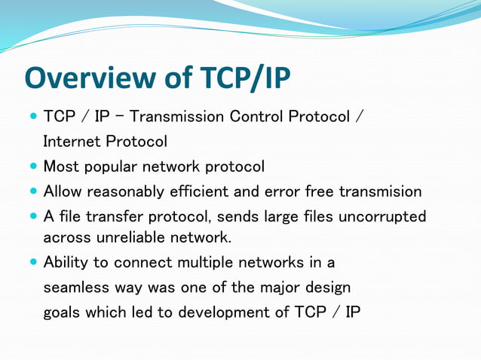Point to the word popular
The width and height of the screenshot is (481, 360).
[109, 166]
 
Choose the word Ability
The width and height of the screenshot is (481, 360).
[66, 263]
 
